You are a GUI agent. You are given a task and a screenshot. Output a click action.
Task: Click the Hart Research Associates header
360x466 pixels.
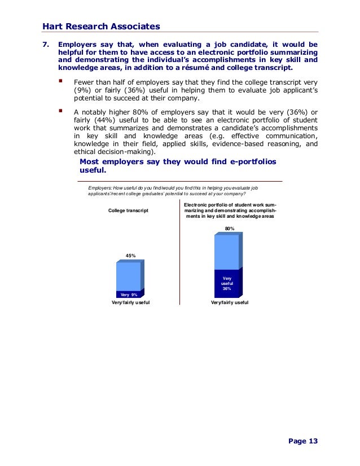point(101,26)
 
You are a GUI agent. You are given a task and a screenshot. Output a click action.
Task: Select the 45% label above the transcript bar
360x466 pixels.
point(130,256)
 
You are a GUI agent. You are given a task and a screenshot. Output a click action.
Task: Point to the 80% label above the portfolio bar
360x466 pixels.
point(229,228)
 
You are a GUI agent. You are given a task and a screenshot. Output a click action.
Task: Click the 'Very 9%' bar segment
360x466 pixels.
point(129,294)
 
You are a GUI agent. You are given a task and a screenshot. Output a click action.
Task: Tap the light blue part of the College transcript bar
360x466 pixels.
point(129,276)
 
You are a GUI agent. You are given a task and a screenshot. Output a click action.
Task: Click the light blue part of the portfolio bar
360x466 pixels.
point(227,252)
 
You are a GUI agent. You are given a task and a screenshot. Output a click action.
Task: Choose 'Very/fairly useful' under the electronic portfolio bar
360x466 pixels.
point(229,303)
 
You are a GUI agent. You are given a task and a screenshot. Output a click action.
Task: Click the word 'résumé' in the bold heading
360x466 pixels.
point(207,68)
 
